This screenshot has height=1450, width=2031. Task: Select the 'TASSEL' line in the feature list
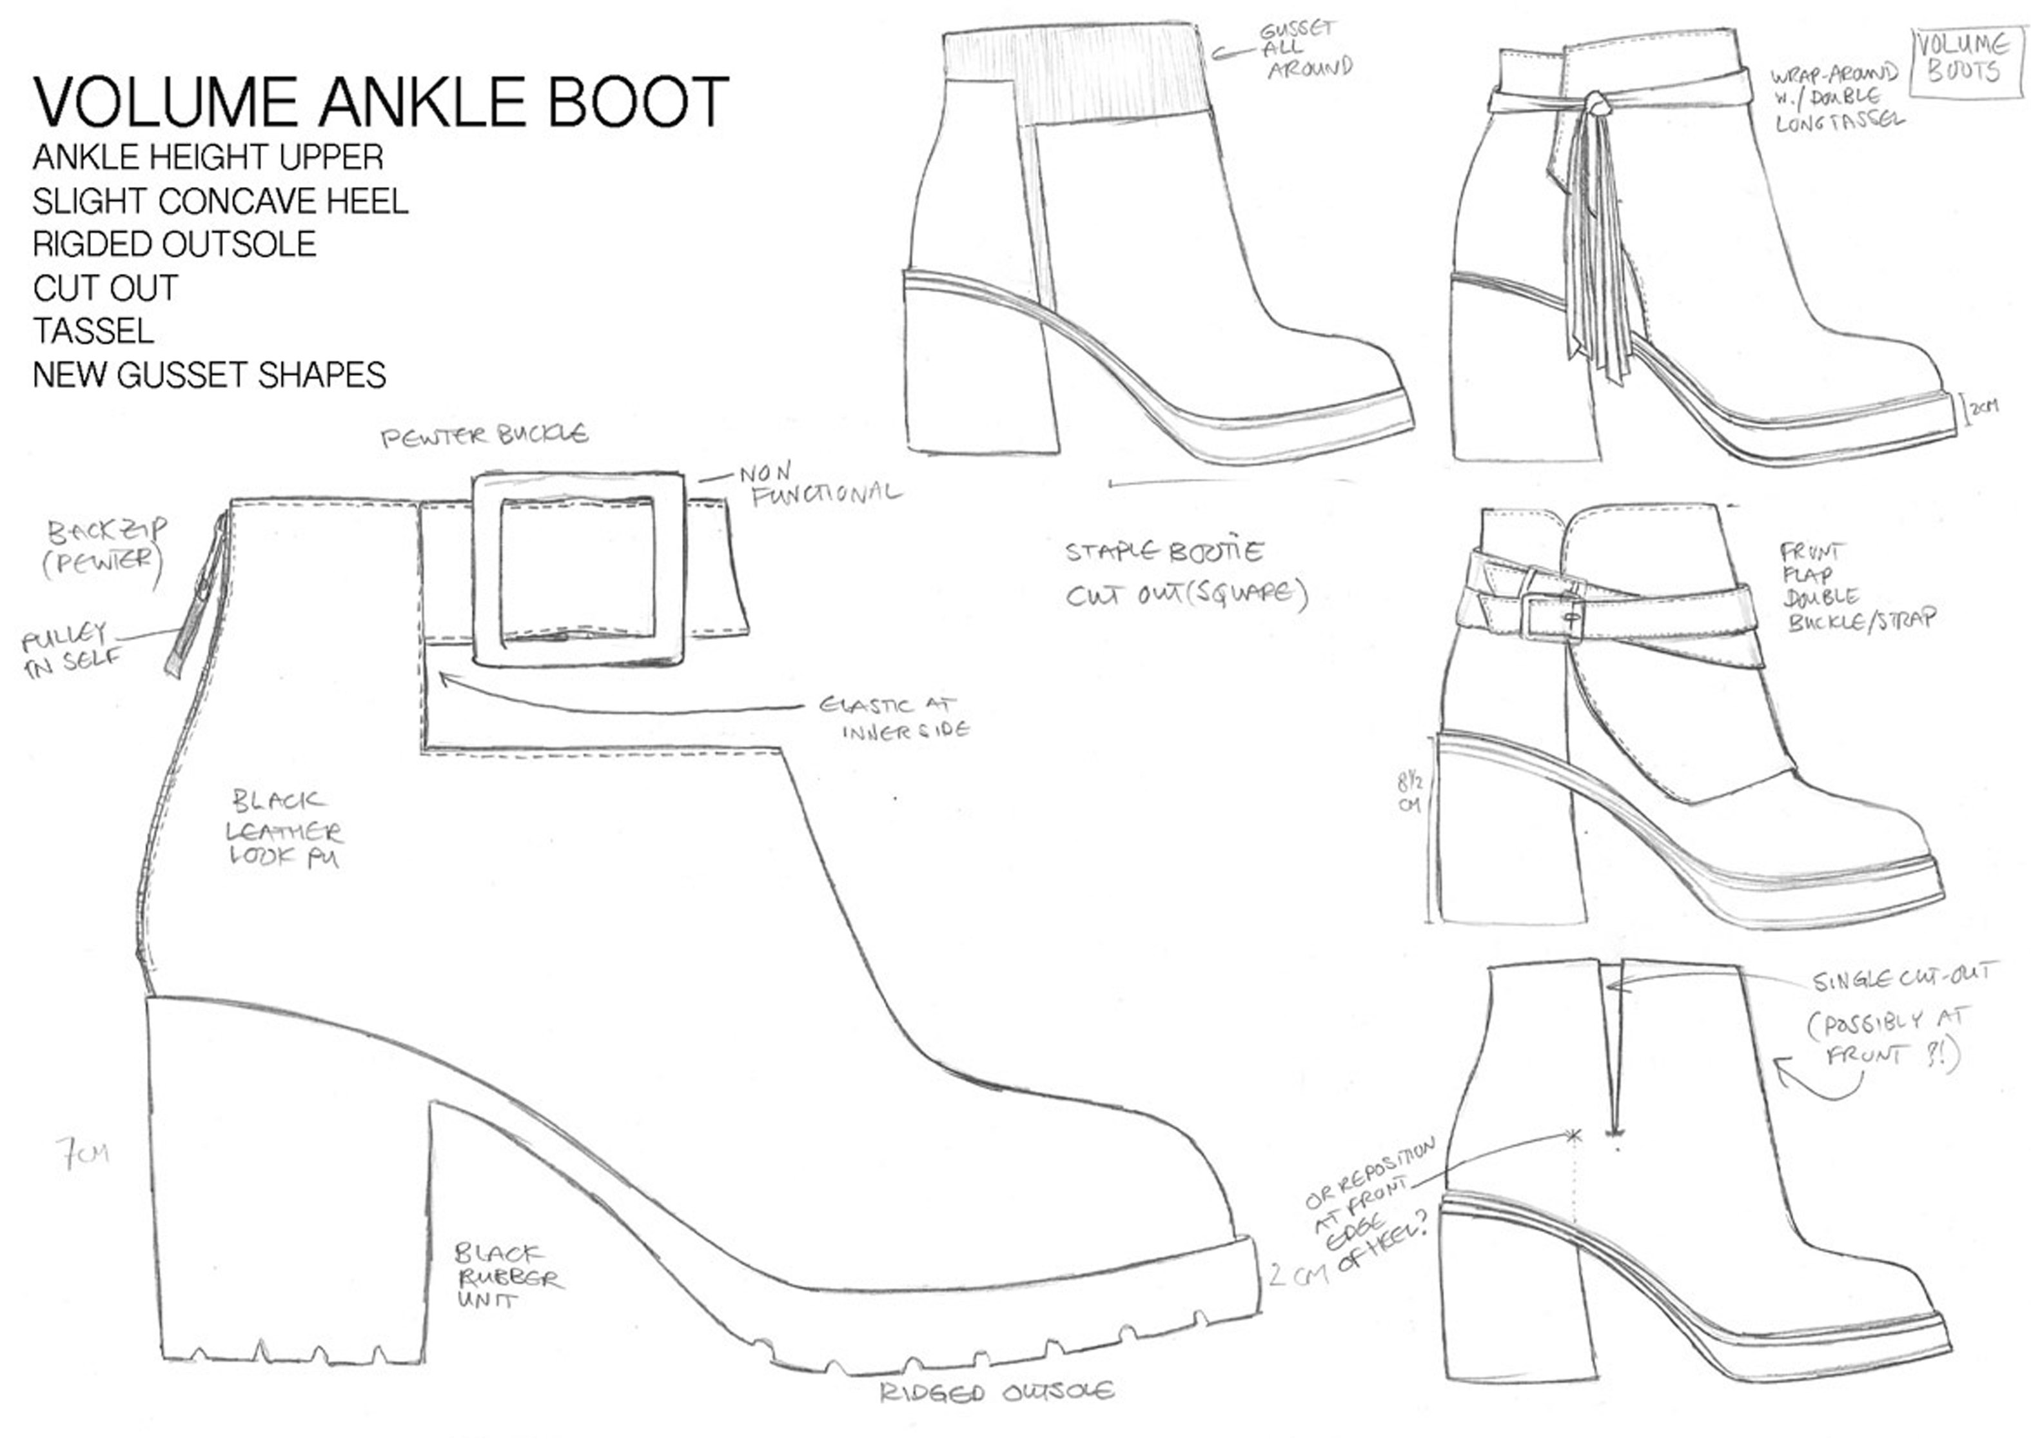click(x=93, y=331)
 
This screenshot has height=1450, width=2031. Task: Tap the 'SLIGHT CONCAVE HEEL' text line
click(x=221, y=201)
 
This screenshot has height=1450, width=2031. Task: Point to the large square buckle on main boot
click(x=578, y=569)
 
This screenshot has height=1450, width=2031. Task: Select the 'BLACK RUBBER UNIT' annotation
click(x=508, y=1276)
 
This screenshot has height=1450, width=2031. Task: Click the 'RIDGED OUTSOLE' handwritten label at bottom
click(x=996, y=1392)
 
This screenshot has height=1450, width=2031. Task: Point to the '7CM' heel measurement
click(x=82, y=1153)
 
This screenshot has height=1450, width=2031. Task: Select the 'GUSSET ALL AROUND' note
click(x=1305, y=49)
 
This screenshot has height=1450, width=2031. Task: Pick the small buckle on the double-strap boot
click(x=1551, y=616)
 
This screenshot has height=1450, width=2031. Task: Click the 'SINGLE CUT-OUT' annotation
click(x=1899, y=979)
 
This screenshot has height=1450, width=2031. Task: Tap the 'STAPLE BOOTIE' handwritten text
click(x=1163, y=552)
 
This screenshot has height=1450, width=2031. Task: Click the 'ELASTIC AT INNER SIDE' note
click(x=894, y=718)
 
